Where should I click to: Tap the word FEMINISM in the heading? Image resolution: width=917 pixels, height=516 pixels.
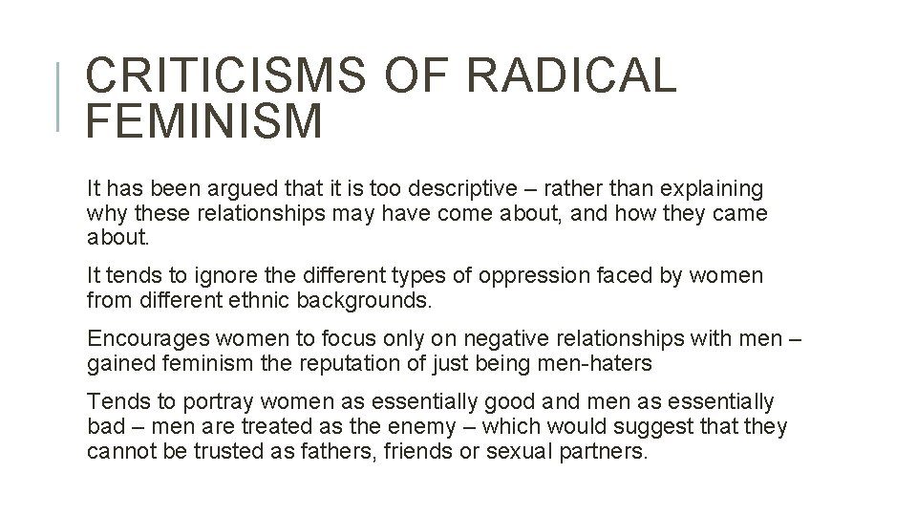[204, 122]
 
